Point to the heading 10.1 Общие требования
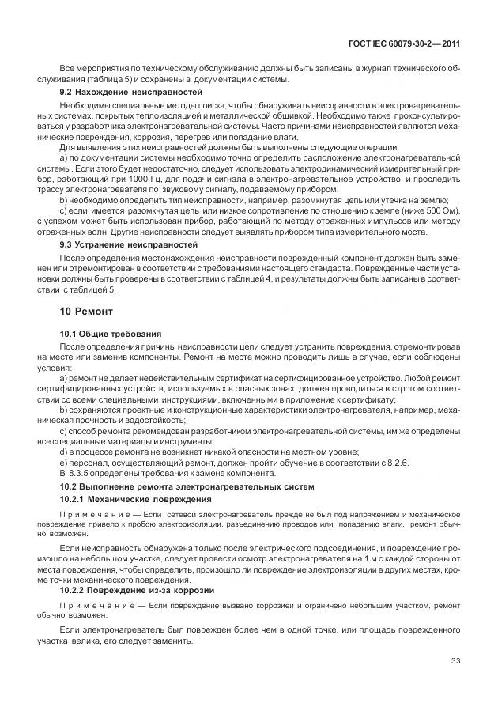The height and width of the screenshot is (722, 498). point(111,335)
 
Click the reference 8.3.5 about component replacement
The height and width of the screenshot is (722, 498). point(83,471)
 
